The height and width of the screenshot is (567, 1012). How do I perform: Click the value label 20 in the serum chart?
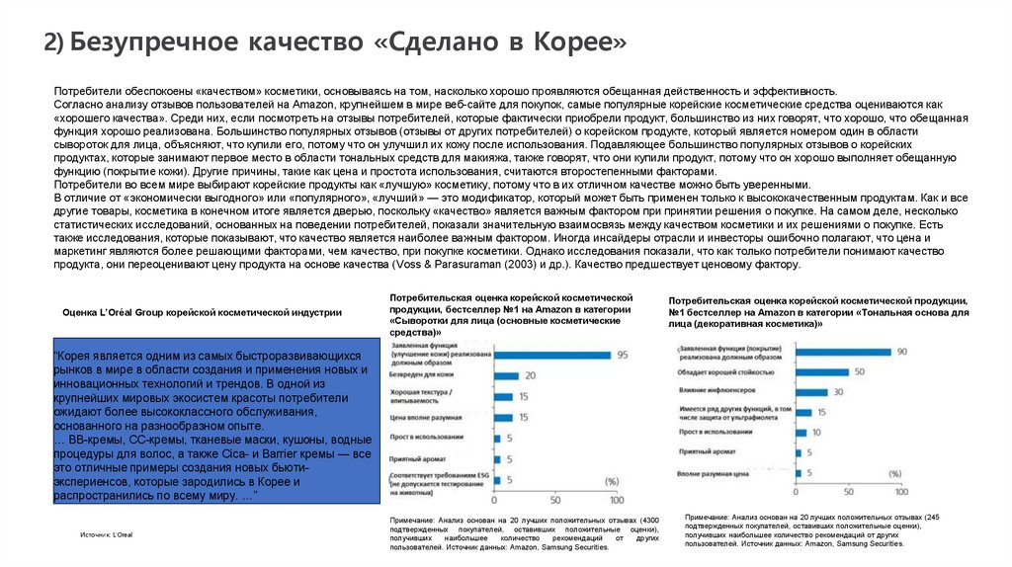529,375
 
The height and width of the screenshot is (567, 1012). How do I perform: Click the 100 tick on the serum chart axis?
616,499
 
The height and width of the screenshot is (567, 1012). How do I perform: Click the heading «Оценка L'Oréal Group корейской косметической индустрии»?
202,312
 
